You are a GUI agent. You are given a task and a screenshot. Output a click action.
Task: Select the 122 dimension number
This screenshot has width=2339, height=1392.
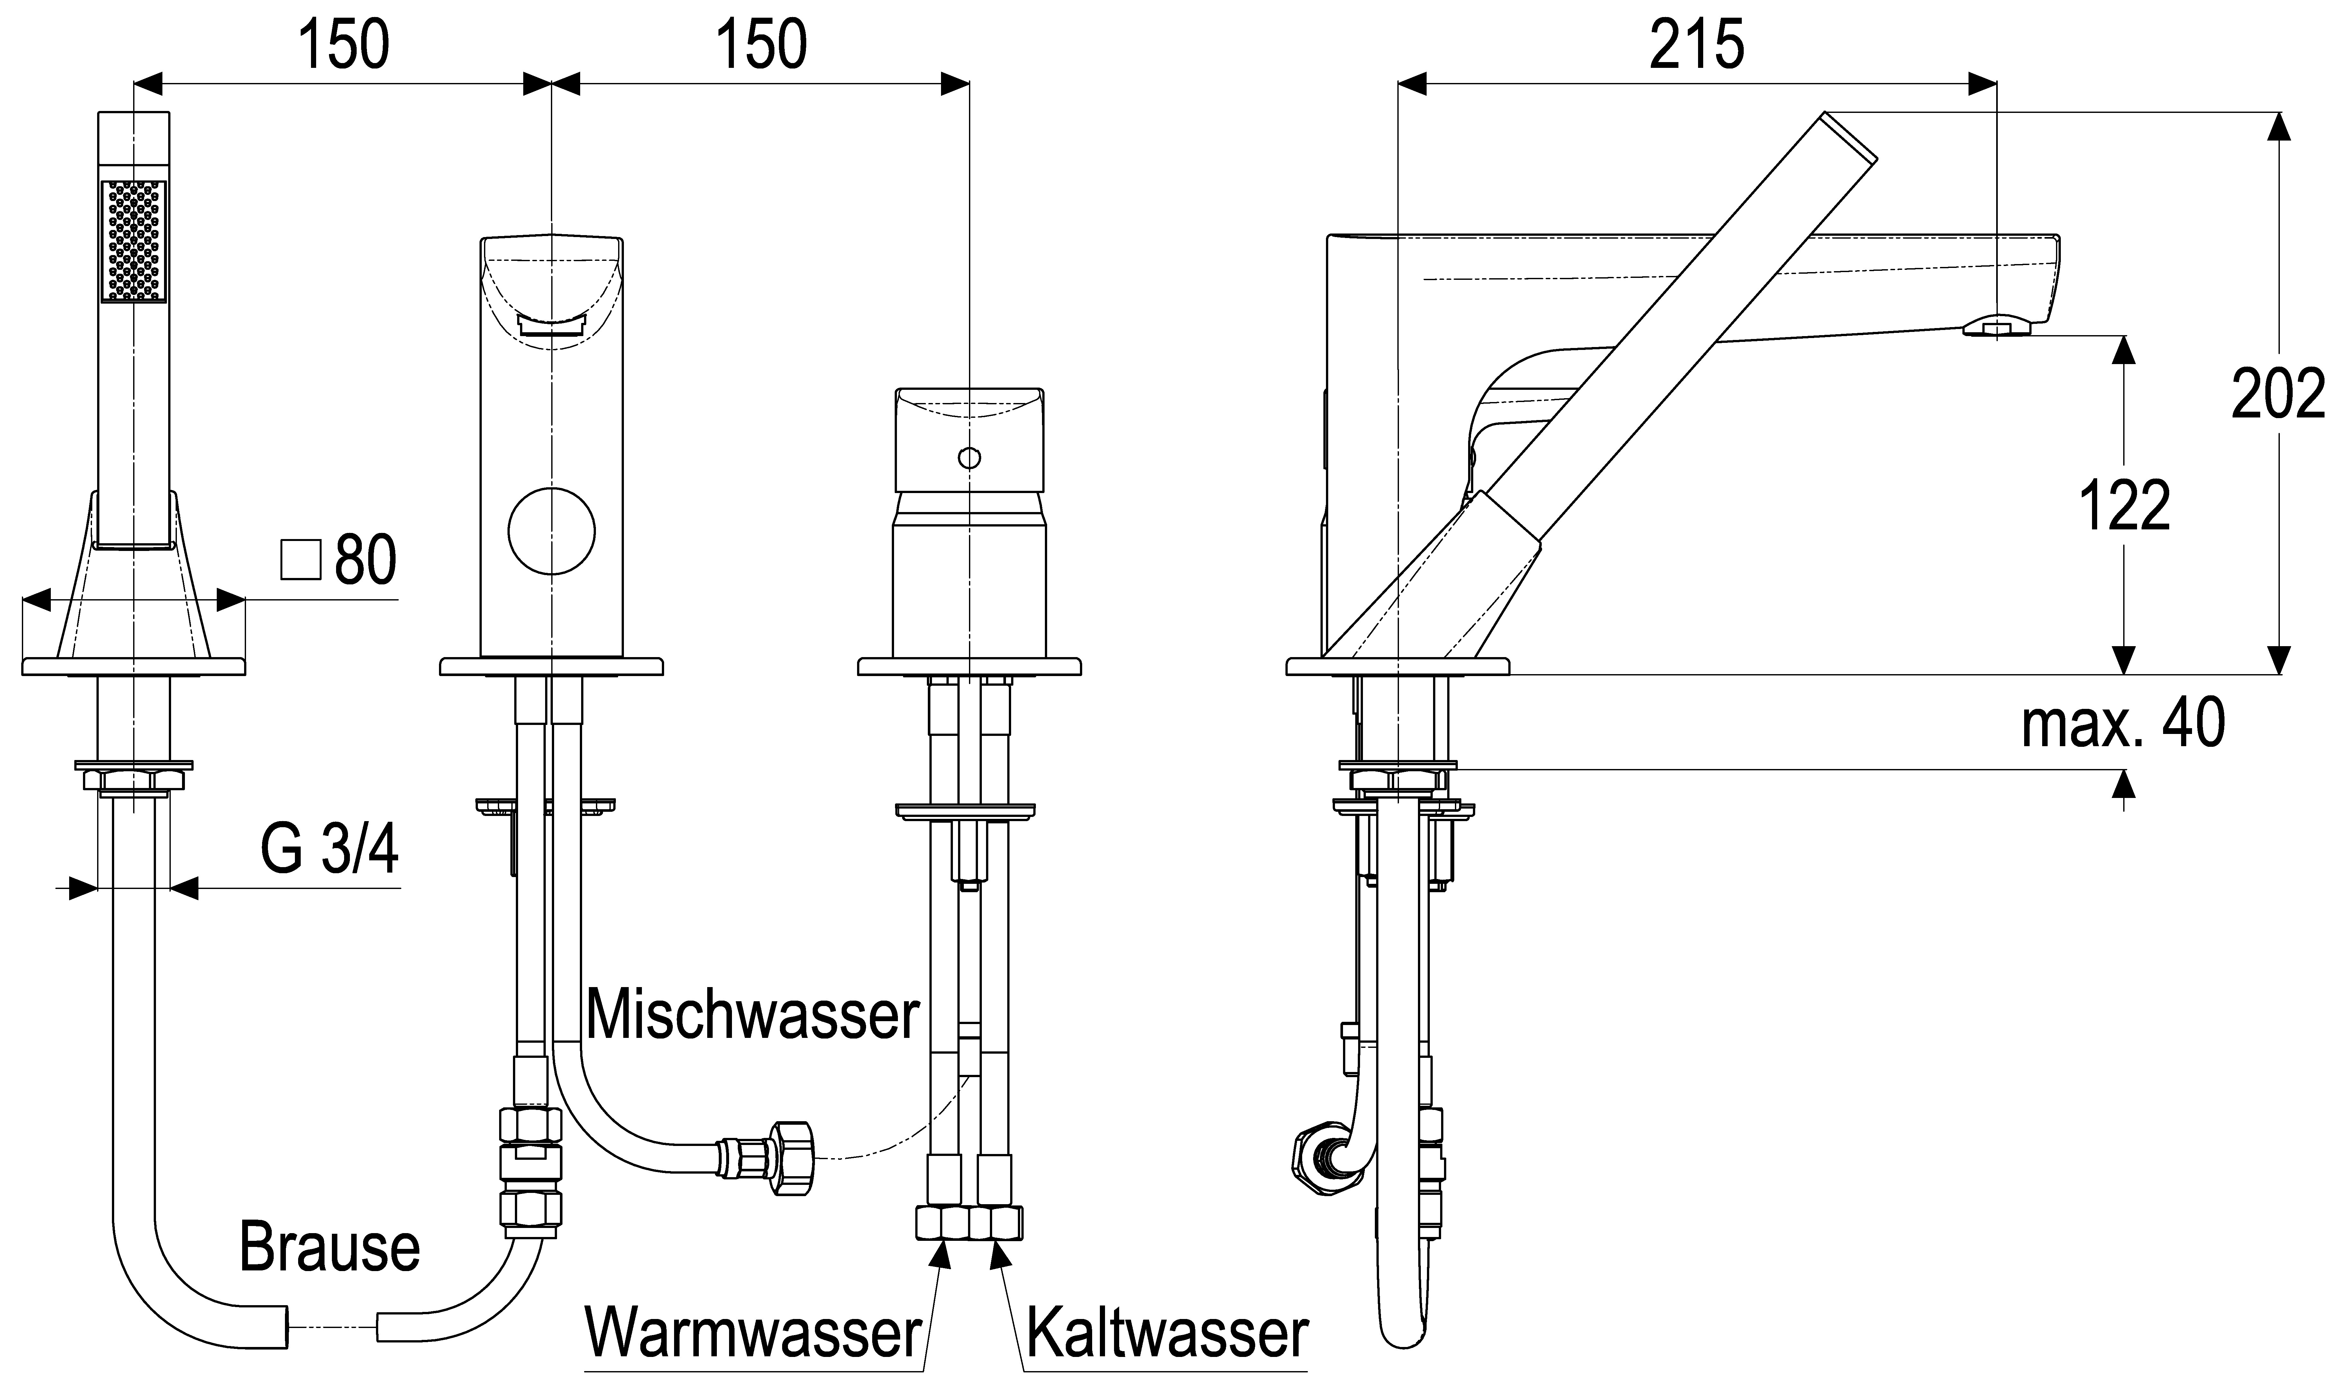[x=2124, y=507]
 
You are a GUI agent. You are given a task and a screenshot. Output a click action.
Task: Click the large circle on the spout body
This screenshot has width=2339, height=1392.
[x=552, y=531]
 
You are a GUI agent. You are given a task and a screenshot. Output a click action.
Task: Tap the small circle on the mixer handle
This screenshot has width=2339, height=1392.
[x=969, y=458]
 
